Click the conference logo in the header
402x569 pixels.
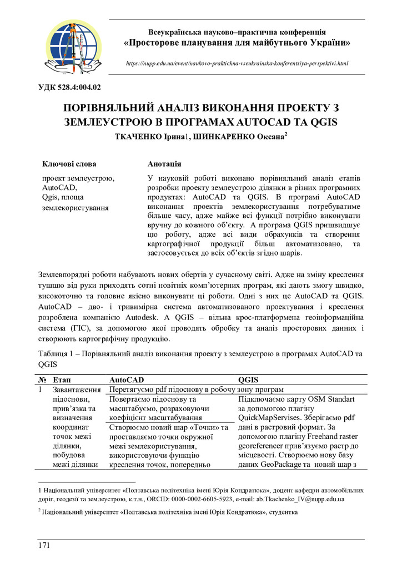click(74, 46)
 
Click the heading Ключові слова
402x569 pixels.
click(69, 164)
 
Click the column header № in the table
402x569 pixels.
click(43, 379)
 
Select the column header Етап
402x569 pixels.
click(62, 379)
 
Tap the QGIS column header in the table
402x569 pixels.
click(249, 379)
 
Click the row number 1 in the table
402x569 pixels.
click(41, 390)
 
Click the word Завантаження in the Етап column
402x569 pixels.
click(76, 390)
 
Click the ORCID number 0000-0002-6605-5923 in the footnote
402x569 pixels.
click(191, 499)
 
